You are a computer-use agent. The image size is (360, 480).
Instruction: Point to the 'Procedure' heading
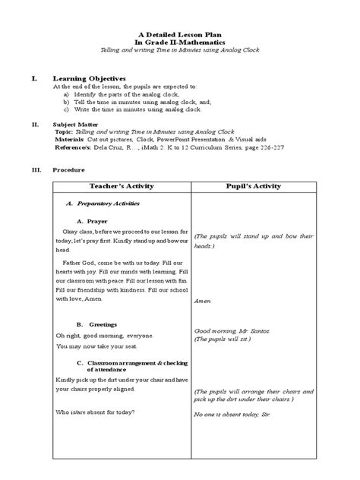(68, 170)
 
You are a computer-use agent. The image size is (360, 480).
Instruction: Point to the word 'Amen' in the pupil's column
(202, 301)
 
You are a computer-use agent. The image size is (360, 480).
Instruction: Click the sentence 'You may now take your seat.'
(92, 346)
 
